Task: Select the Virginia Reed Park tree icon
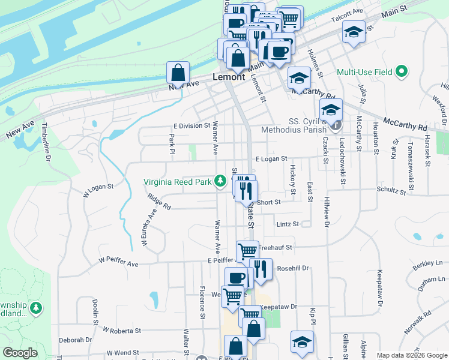[220, 181]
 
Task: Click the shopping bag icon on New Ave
[178, 73]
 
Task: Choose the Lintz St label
[288, 224]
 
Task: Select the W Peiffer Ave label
[118, 263]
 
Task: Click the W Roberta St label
[121, 330]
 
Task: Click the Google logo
[20, 353]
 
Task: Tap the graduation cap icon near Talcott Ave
[354, 32]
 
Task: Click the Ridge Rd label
[159, 202]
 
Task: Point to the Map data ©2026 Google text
[411, 355]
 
